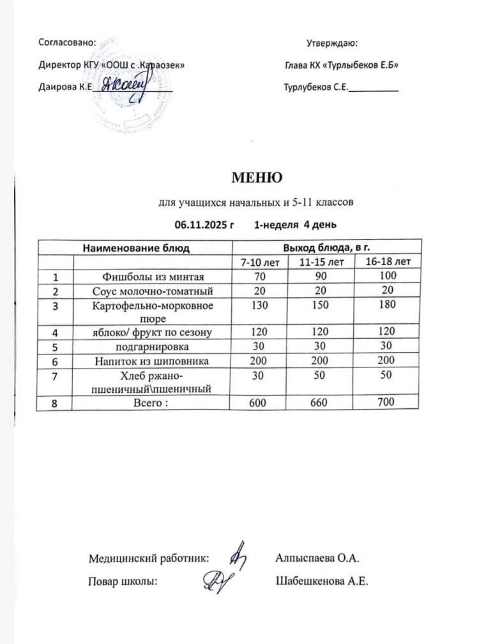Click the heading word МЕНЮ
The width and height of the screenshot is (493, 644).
coord(254,176)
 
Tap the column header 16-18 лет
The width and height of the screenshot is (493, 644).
coord(388,261)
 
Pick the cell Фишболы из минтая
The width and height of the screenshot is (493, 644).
coord(153,277)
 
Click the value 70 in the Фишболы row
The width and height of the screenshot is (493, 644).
coord(259,277)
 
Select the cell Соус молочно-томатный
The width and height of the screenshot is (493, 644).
coord(153,291)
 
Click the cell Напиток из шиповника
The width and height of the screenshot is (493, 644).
coord(153,360)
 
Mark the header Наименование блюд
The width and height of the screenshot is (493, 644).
coord(136,247)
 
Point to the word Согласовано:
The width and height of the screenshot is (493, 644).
coord(68,43)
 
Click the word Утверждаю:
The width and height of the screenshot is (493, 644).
coord(331,43)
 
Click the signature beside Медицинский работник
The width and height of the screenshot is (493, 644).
coord(238,555)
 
